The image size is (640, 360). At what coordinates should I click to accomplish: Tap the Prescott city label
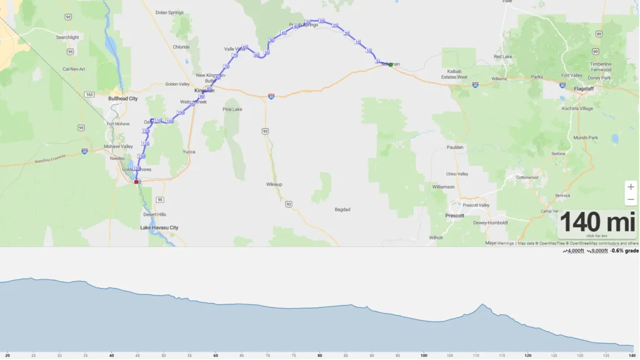454,216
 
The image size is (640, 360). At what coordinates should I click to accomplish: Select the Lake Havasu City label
159,227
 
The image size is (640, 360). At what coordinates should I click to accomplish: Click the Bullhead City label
122,99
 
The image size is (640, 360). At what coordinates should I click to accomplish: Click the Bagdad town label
342,209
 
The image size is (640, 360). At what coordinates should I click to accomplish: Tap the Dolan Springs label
169,12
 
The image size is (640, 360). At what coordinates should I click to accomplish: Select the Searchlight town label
67,37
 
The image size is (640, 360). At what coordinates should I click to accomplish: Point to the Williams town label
499,79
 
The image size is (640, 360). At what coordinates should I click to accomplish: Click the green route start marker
391,64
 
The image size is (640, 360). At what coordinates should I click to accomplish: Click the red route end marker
136,182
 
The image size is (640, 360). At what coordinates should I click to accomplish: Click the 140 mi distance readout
597,222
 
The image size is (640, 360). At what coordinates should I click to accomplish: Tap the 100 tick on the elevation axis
424,356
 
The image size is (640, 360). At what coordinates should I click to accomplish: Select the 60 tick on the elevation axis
216,356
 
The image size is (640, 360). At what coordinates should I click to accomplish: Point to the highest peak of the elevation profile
482,304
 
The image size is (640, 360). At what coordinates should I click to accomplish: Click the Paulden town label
455,147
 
